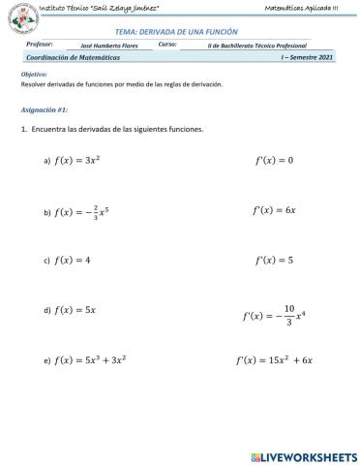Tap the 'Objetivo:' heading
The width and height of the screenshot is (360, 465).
pos(34,75)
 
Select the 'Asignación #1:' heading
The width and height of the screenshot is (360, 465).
pos(43,110)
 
